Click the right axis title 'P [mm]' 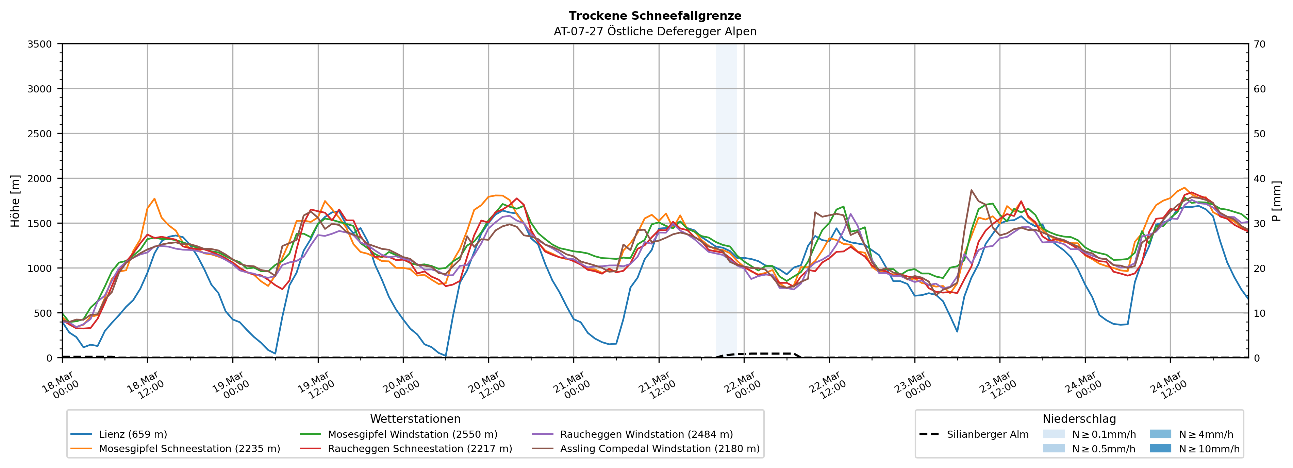click(1276, 201)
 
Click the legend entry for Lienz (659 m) click(133, 434)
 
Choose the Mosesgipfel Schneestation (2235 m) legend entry click(189, 448)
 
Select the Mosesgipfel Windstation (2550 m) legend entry click(412, 434)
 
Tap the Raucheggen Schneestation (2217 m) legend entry click(420, 448)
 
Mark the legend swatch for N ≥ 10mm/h click(1160, 448)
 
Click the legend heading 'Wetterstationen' click(415, 419)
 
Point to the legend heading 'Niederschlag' click(1079, 419)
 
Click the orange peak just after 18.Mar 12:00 click(154, 198)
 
